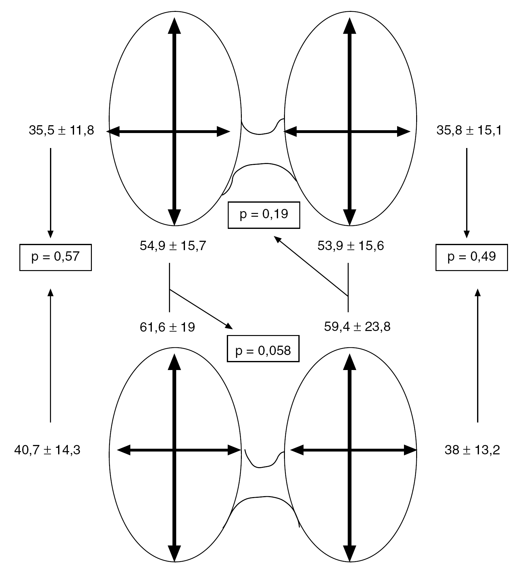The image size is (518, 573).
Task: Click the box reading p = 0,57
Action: (x=55, y=257)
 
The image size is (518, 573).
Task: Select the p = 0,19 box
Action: (x=264, y=215)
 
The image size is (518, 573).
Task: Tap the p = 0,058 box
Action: (x=263, y=348)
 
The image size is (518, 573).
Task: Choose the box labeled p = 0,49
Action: (x=471, y=257)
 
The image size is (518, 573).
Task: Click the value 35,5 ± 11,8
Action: (x=61, y=131)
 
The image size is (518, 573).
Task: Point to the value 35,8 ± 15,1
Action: (x=469, y=131)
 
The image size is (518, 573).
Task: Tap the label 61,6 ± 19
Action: (x=167, y=327)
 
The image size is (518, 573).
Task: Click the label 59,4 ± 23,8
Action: (x=357, y=327)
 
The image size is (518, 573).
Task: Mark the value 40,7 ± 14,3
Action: (x=47, y=450)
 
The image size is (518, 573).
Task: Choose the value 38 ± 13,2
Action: (x=472, y=450)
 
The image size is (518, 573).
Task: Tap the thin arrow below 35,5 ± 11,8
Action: (x=51, y=193)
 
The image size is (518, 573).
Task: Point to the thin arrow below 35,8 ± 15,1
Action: (x=467, y=193)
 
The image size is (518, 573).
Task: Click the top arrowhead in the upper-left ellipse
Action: (x=174, y=26)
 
